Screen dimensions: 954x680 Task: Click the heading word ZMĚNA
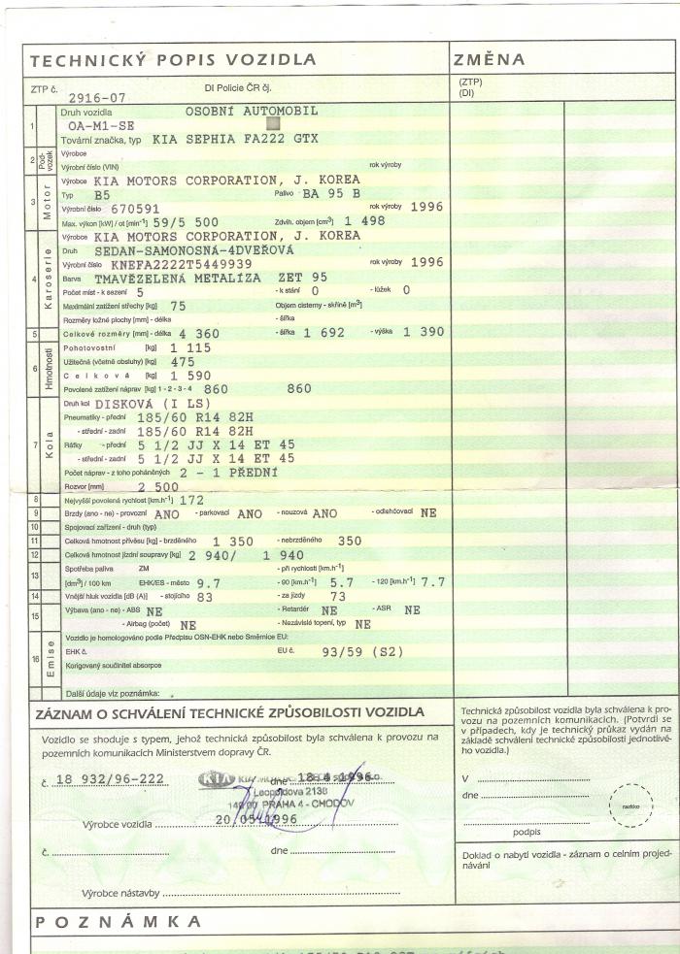click(490, 60)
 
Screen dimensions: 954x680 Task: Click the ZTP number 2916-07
click(97, 98)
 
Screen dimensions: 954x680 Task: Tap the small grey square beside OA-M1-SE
click(272, 123)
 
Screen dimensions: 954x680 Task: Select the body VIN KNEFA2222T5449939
click(182, 263)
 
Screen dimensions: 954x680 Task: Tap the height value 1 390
click(424, 333)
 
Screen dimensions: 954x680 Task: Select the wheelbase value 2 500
click(159, 485)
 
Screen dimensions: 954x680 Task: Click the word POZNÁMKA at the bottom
click(118, 920)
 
